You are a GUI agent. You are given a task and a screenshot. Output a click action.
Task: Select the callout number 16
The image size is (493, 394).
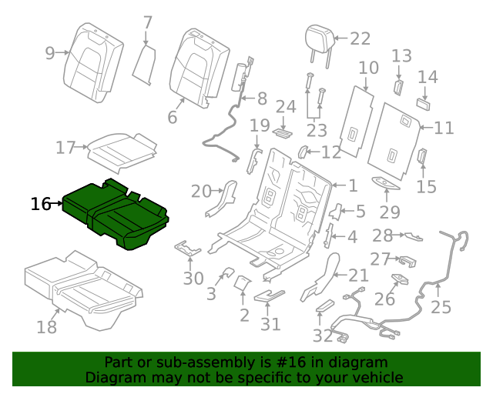click(41, 204)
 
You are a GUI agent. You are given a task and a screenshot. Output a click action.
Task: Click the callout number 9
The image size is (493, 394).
click(50, 53)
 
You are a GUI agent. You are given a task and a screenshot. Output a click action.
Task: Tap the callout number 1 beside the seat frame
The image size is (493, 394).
click(353, 185)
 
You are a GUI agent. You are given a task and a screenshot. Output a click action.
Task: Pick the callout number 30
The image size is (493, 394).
click(193, 279)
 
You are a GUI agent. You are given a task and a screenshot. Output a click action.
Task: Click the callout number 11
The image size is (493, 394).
click(444, 128)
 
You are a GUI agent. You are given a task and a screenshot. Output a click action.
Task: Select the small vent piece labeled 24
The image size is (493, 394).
click(283, 132)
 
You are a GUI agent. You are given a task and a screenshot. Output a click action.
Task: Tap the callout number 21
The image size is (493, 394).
click(359, 275)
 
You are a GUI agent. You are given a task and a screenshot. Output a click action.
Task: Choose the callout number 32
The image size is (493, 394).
click(322, 336)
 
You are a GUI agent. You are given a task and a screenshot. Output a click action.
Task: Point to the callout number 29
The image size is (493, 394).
click(390, 212)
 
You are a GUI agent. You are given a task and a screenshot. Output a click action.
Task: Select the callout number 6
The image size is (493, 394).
click(172, 117)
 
